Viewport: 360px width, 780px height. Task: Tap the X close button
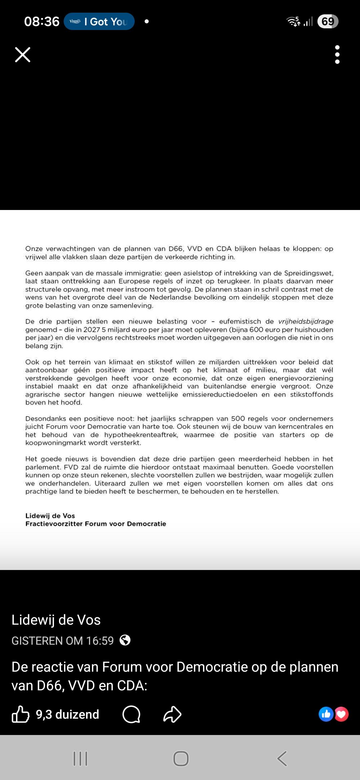tap(23, 55)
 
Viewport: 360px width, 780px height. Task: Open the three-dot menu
tap(337, 55)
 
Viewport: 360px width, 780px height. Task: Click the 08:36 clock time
tap(42, 22)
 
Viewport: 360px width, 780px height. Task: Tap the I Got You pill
tap(99, 22)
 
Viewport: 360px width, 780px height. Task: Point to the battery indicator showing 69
tap(328, 22)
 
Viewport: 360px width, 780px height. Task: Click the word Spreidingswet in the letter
tap(308, 273)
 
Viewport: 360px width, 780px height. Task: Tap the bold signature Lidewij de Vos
tap(50, 516)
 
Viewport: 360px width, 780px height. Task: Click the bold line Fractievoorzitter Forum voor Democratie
tap(96, 524)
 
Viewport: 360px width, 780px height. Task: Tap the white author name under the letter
tap(56, 620)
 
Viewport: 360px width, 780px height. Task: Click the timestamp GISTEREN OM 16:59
tap(63, 641)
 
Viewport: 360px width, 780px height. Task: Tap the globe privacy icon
tap(125, 640)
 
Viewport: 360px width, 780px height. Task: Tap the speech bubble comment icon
tap(131, 715)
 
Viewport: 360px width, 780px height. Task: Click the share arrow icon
tap(172, 715)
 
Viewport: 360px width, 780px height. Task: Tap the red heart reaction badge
tap(341, 714)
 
